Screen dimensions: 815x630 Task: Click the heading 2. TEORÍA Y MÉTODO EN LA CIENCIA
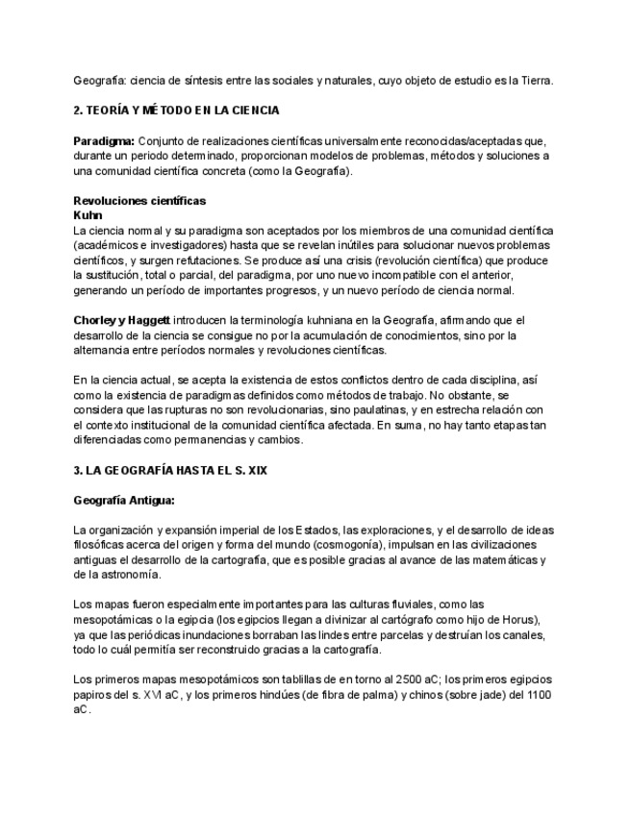click(x=176, y=111)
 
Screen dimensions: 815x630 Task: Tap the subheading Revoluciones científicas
click(x=139, y=201)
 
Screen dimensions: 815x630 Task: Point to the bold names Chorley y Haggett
click(x=122, y=320)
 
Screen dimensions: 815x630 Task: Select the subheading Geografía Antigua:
click(x=124, y=500)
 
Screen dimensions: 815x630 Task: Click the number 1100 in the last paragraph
click(x=537, y=694)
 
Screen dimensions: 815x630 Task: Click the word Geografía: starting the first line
click(x=100, y=81)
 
